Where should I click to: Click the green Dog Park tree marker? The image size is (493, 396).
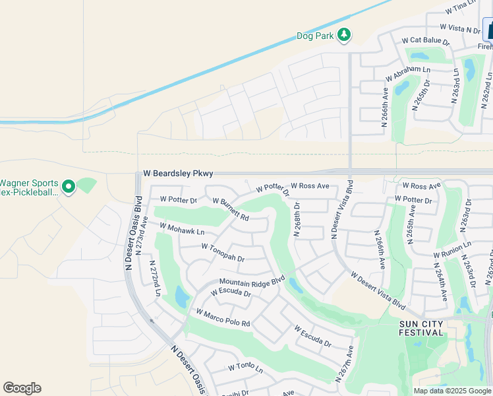pyautogui.click(x=343, y=35)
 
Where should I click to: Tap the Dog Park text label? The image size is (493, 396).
pyautogui.click(x=315, y=36)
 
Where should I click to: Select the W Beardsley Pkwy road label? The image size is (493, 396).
pyautogui.click(x=178, y=174)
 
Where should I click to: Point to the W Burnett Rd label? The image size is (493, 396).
pyautogui.click(x=230, y=209)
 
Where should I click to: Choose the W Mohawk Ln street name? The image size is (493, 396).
pyautogui.click(x=182, y=229)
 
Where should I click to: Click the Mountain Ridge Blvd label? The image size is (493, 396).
pyautogui.click(x=251, y=281)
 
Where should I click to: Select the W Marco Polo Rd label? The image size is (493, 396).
pyautogui.click(x=223, y=317)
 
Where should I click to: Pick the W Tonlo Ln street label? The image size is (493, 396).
pyautogui.click(x=245, y=366)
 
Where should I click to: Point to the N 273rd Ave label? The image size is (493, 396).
pyautogui.click(x=143, y=230)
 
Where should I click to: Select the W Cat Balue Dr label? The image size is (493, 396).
pyautogui.click(x=425, y=41)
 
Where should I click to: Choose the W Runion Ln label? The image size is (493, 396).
pyautogui.click(x=452, y=249)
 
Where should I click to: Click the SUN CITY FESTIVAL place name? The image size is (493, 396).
pyautogui.click(x=422, y=328)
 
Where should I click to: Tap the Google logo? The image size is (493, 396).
pyautogui.click(x=22, y=388)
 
